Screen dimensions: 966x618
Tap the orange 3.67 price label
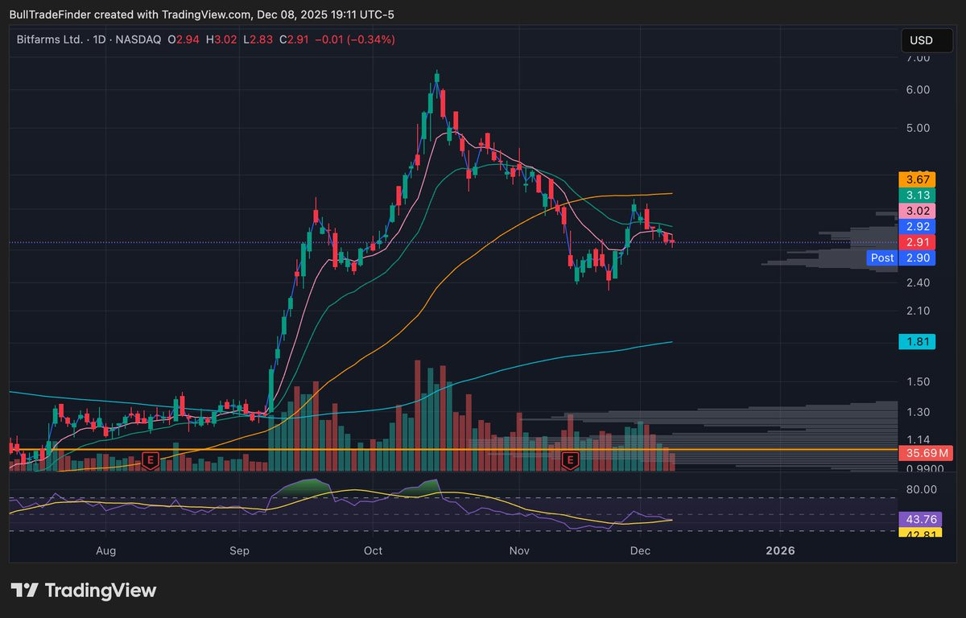[x=917, y=179]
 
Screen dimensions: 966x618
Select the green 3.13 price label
[x=917, y=196]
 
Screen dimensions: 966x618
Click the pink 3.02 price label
[x=917, y=211]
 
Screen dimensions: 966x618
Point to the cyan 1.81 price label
[x=917, y=342]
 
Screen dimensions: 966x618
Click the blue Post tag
[x=882, y=257]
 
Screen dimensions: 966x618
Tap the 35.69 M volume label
[x=926, y=453]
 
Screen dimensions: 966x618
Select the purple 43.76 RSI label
[x=920, y=519]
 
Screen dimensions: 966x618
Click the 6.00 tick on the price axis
[x=918, y=89]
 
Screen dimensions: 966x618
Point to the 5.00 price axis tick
[x=918, y=128]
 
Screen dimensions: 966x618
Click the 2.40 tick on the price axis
[x=918, y=282]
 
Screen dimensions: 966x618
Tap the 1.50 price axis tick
[x=918, y=382]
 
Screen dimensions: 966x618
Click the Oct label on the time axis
[x=373, y=550]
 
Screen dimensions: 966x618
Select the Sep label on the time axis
[x=239, y=550]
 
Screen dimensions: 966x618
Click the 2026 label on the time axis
[x=780, y=550]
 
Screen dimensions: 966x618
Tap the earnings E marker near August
[x=151, y=461]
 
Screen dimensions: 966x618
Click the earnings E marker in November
[x=570, y=461]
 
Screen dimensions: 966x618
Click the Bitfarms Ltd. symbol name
[x=50, y=39]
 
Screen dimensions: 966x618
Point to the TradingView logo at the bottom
[x=83, y=591]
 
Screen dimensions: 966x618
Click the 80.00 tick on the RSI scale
[x=921, y=489]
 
